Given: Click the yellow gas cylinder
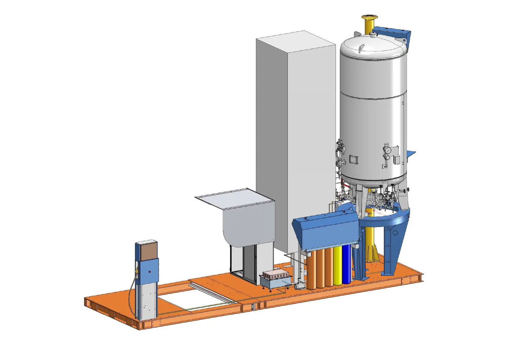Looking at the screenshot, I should click(x=338, y=266).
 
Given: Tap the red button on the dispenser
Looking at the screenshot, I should click(x=150, y=271).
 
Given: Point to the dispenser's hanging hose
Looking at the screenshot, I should click(x=131, y=295).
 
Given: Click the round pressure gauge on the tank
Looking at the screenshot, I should click(x=387, y=150).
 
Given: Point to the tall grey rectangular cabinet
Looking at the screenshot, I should click(x=295, y=136).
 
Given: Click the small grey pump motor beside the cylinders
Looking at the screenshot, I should click(x=299, y=286).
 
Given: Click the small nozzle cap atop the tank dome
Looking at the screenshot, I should click(x=374, y=35).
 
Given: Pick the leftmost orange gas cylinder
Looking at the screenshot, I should click(x=312, y=270).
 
